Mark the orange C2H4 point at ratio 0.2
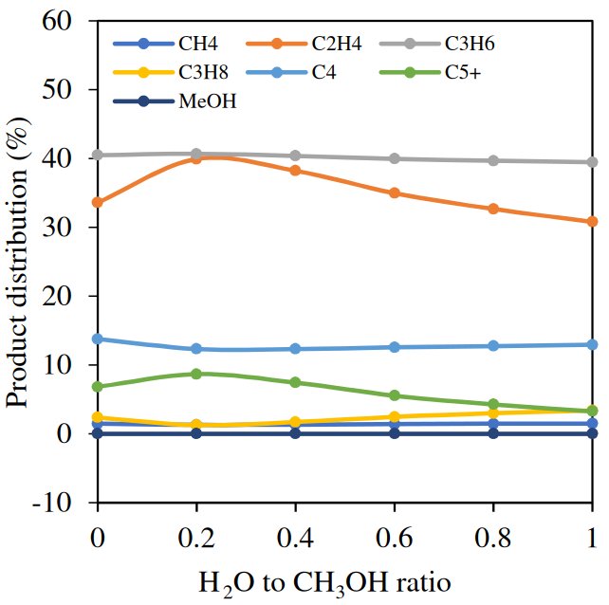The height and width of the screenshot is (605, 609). [196, 158]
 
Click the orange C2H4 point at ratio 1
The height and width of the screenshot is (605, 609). [592, 222]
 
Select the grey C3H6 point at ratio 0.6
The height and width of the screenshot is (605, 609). [394, 158]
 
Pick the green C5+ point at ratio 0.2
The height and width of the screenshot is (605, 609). [196, 374]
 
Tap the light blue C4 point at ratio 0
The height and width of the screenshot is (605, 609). [97, 339]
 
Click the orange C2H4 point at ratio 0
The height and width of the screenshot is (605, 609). [97, 202]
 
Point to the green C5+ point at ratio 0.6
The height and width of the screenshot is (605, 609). [394, 395]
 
